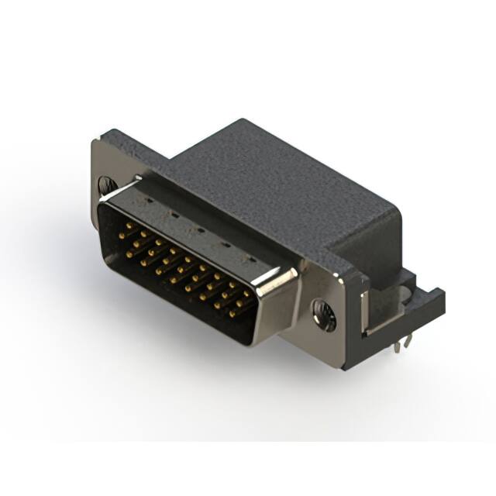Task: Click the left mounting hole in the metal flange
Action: coord(106,185)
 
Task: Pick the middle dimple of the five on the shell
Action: coord(199,229)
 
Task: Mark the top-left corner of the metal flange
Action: coord(94,142)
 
